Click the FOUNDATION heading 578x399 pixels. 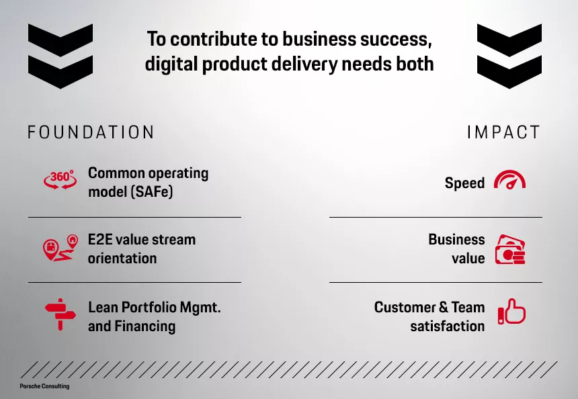(x=91, y=132)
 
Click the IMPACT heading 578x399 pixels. (x=503, y=132)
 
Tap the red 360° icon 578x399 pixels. (x=60, y=179)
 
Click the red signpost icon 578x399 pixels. (x=60, y=314)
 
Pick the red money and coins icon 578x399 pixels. (x=510, y=249)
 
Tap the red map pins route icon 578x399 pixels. (x=60, y=248)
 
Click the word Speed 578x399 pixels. (x=464, y=183)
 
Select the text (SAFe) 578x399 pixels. (x=151, y=191)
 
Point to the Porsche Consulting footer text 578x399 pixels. (x=44, y=386)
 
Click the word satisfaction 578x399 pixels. (x=448, y=326)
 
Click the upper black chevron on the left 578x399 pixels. (x=60, y=40)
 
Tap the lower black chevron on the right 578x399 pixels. (x=509, y=72)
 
